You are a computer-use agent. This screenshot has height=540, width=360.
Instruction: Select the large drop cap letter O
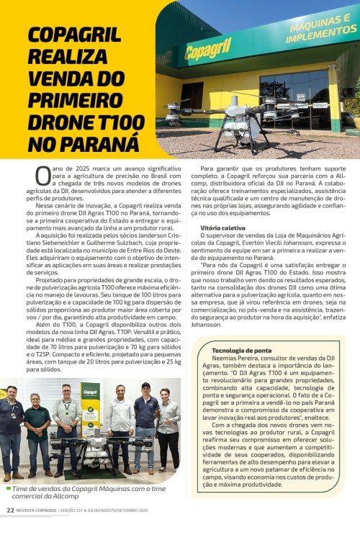click(x=42, y=175)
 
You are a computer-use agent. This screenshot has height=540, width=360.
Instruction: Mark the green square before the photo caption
click(x=6, y=488)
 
